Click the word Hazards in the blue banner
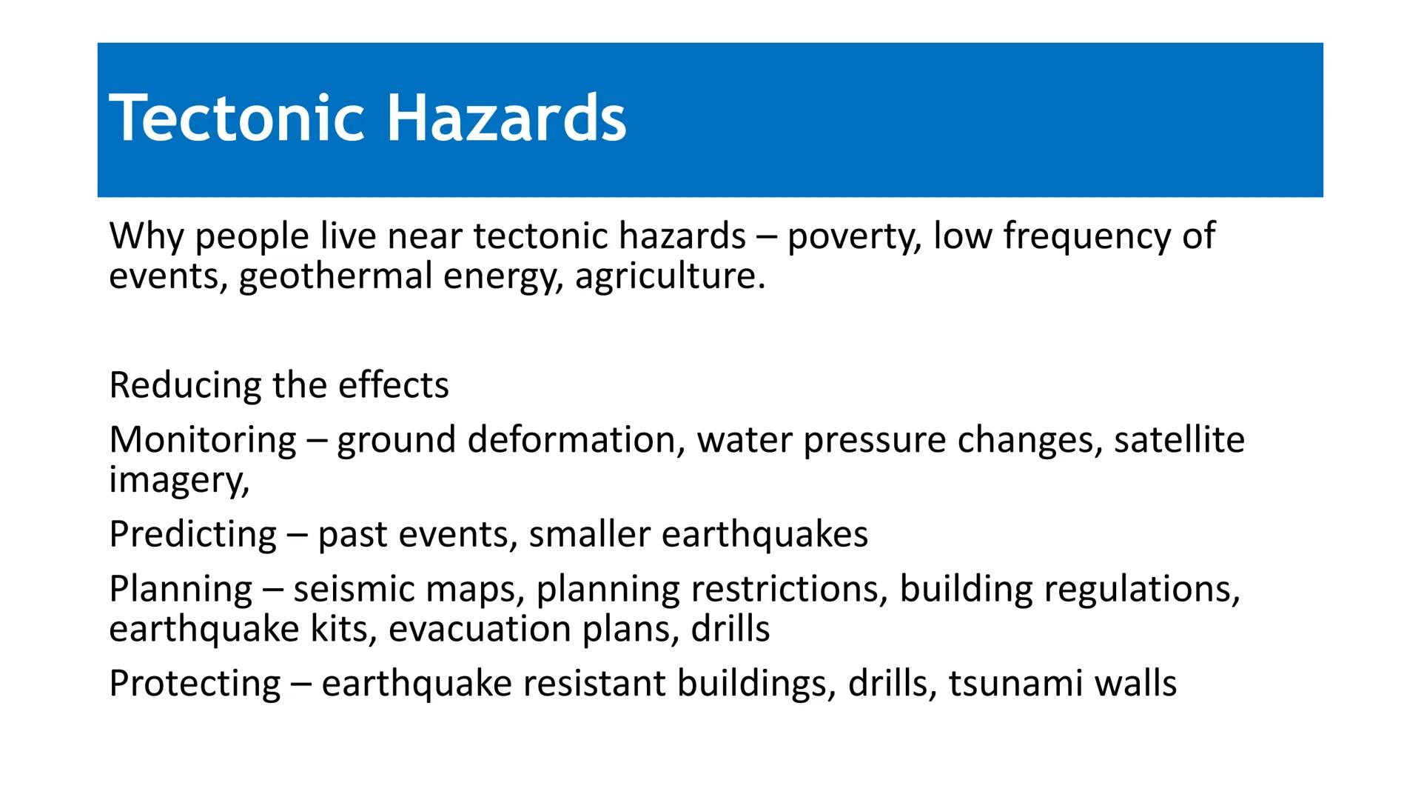click(506, 119)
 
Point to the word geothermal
click(335, 277)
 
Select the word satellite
click(1179, 440)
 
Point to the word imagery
click(178, 480)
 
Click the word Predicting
click(192, 534)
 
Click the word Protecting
click(195, 684)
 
